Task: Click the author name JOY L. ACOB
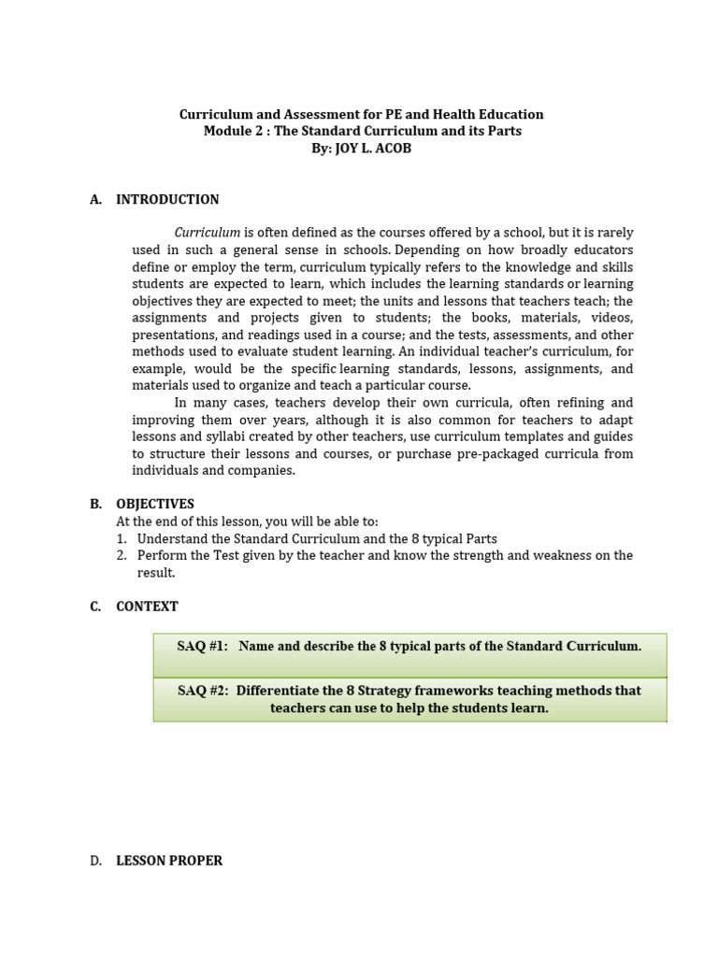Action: pyautogui.click(x=373, y=149)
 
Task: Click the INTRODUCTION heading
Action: pyautogui.click(x=167, y=199)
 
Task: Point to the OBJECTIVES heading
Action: pyautogui.click(x=155, y=504)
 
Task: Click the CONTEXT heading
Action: pyautogui.click(x=147, y=607)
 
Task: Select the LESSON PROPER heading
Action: pyautogui.click(x=169, y=861)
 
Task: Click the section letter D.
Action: pyautogui.click(x=96, y=861)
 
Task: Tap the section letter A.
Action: pyautogui.click(x=95, y=199)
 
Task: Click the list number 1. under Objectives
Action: pyautogui.click(x=122, y=539)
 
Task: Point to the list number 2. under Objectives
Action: pyautogui.click(x=122, y=556)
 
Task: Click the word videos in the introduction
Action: pyautogui.click(x=611, y=318)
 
